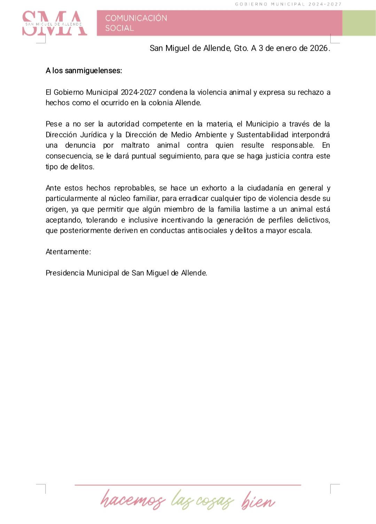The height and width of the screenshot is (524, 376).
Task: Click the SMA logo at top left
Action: (x=54, y=23)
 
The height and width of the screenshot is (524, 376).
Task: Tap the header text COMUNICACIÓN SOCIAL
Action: (x=136, y=23)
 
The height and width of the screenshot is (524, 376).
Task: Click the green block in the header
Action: (x=359, y=23)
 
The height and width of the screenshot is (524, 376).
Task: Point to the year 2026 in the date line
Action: (x=319, y=48)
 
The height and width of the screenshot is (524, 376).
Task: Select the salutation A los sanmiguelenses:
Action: (x=84, y=71)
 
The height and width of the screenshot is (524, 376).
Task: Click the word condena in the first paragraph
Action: (x=173, y=92)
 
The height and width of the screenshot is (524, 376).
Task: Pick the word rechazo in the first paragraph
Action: (x=311, y=92)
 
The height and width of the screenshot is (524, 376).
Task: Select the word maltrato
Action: (x=135, y=145)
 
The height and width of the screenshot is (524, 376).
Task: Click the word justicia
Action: (x=277, y=156)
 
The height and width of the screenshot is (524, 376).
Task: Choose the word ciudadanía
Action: (x=265, y=188)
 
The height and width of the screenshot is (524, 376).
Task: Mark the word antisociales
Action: (x=207, y=230)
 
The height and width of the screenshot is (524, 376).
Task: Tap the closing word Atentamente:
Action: (x=68, y=252)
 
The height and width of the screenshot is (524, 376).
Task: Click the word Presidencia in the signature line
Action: (x=65, y=273)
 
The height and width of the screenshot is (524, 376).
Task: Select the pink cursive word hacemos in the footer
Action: (x=133, y=500)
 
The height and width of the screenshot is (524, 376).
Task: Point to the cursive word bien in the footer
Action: (x=258, y=500)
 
